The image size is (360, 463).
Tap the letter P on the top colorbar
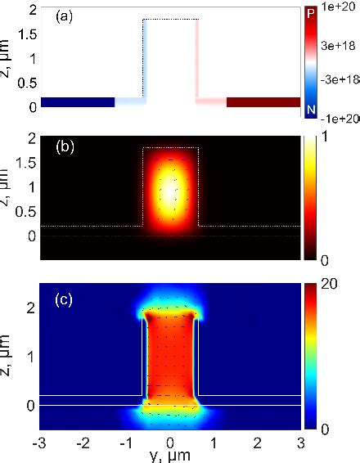[310, 12]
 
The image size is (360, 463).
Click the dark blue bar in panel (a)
[77, 102]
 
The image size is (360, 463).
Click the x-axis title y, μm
[170, 456]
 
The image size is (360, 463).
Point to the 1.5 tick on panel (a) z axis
[25, 34]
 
